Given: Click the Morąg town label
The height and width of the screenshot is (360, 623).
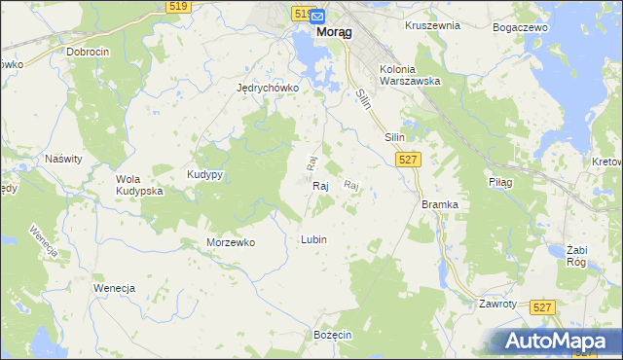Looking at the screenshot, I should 334,31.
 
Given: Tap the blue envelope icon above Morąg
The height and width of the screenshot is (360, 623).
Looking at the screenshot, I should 317,16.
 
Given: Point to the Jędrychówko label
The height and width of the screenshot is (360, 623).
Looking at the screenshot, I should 267,87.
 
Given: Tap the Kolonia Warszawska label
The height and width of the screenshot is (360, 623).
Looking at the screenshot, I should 411,76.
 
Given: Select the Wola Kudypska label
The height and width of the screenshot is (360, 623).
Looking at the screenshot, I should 138,185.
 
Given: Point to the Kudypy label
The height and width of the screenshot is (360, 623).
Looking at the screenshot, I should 205,174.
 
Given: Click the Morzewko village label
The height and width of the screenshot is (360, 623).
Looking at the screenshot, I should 231,242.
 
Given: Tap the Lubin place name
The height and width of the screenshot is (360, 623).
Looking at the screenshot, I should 313,239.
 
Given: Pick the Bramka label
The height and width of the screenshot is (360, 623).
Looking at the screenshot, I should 439,204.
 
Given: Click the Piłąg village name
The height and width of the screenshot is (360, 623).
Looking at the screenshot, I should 499,182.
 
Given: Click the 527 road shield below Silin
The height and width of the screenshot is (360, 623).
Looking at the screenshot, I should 410,160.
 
